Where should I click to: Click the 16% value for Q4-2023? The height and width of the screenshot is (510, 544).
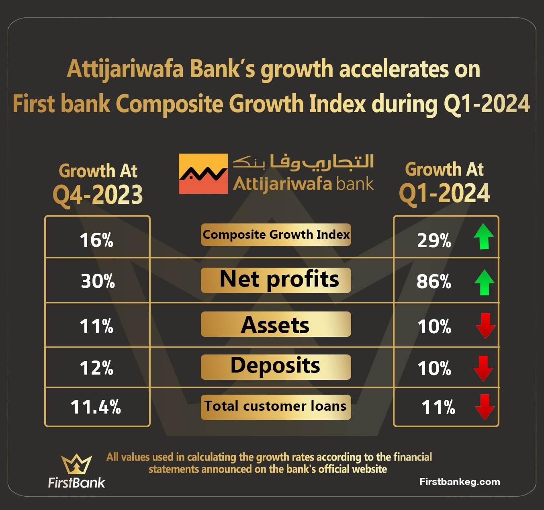[x=96, y=240]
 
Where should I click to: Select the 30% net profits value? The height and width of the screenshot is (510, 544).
[x=98, y=281]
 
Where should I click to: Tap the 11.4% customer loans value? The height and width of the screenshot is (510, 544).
[x=96, y=407]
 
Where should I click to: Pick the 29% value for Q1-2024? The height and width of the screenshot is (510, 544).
[x=434, y=241]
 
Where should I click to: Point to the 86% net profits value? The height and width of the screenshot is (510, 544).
[x=434, y=281]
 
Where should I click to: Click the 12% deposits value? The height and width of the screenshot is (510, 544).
[x=96, y=368]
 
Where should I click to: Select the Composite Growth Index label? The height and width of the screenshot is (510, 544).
[x=276, y=235]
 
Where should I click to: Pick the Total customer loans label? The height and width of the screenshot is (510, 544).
[x=276, y=406]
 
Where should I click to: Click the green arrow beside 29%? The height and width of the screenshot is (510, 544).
[x=484, y=236]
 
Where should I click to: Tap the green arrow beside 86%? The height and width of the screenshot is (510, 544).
[x=484, y=282]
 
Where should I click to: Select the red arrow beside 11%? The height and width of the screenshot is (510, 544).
[x=485, y=407]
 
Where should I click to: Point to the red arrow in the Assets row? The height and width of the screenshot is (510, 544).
[x=486, y=326]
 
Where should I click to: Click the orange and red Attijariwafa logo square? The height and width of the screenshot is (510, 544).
[x=203, y=174]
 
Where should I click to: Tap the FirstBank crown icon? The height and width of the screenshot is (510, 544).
[x=76, y=464]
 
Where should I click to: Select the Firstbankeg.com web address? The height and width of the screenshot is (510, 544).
[x=460, y=481]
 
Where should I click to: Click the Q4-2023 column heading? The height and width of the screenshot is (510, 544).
[x=98, y=183]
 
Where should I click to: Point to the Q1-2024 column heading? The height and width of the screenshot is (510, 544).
[x=444, y=182]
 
